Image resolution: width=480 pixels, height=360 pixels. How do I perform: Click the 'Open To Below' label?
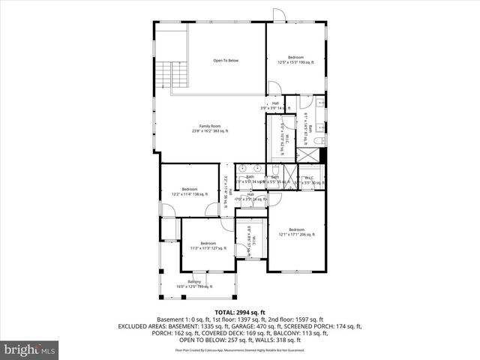[x=225, y=60]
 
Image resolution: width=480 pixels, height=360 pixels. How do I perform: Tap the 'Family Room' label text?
[x=210, y=125]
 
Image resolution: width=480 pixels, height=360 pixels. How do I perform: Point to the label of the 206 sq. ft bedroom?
[x=297, y=229]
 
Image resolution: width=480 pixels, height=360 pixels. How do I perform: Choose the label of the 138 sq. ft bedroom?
[x=189, y=189]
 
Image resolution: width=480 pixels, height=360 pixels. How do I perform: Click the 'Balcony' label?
[x=194, y=282]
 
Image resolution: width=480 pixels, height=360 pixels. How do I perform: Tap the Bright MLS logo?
[x=30, y=349]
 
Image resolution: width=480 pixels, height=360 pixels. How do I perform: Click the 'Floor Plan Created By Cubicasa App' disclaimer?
[x=239, y=349]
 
